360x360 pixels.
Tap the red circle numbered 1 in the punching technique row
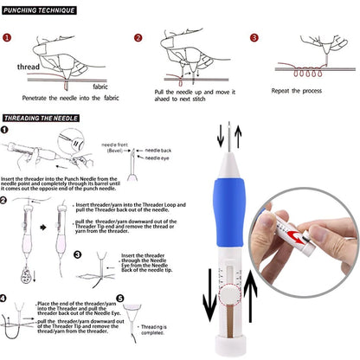coord(7,38)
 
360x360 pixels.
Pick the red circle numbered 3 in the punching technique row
coord(253,38)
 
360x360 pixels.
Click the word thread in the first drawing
coord(31,67)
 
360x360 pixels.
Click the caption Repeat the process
coord(299,90)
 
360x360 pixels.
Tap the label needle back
coord(160,150)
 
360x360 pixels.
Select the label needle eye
coord(159,158)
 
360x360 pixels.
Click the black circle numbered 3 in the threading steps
coord(78,254)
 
